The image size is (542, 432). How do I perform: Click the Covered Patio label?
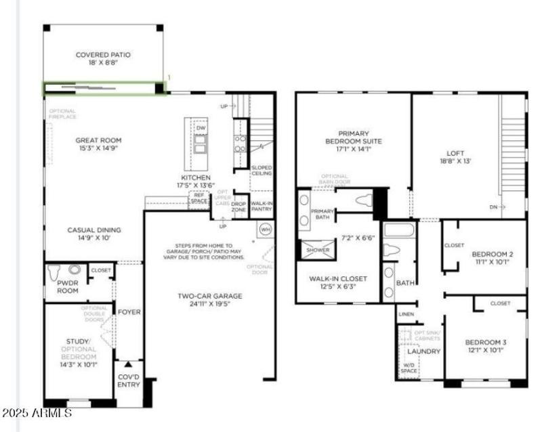[103, 55]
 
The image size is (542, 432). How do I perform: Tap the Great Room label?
[98, 141]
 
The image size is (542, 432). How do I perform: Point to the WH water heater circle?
[266, 229]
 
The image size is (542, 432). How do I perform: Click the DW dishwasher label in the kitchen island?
[201, 128]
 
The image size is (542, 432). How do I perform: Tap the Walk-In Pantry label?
[262, 206]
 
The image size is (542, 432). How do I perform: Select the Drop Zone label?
[239, 206]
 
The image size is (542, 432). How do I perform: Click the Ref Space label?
[199, 197]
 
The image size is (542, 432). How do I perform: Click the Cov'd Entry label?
[129, 381]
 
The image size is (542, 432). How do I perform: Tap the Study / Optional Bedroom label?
[78, 352]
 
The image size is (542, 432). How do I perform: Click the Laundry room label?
[424, 351]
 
